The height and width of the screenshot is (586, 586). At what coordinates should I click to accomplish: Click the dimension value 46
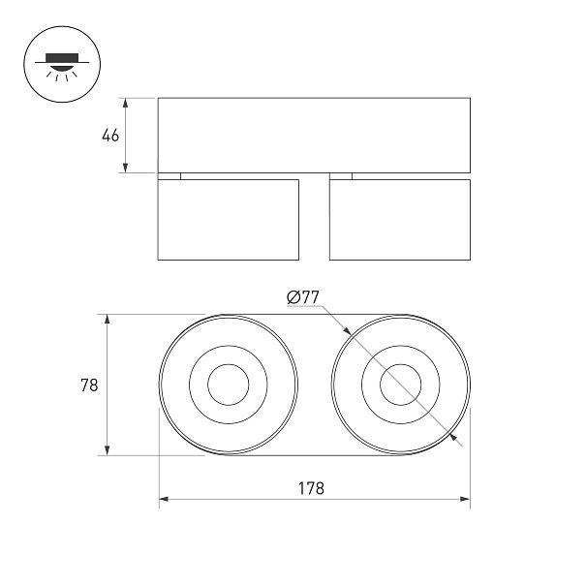coord(110,136)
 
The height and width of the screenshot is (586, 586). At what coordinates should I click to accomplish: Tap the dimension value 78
coord(89,385)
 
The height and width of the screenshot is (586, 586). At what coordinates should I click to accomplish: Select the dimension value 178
coord(311,488)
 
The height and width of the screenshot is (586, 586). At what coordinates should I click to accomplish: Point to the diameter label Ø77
coord(303,297)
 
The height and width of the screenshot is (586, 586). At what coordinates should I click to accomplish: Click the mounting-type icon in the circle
coord(62,64)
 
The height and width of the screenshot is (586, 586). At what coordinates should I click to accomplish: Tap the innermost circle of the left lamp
coord(229,364)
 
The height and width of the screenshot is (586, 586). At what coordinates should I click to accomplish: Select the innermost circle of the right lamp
coord(401,364)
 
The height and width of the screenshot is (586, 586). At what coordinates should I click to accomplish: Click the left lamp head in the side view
coord(229,220)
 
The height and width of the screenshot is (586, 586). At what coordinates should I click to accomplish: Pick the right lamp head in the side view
coord(400,220)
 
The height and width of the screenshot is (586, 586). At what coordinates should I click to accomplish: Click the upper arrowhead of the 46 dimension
coord(126,103)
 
